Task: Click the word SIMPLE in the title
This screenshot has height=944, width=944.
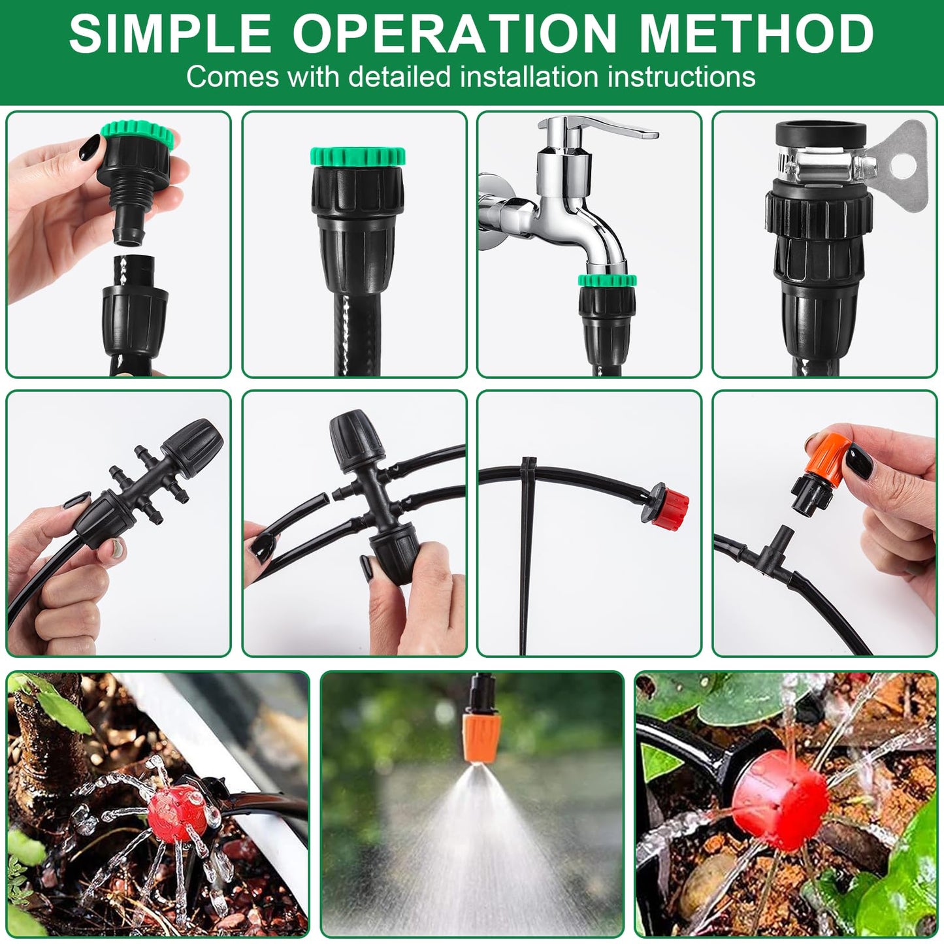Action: (170, 33)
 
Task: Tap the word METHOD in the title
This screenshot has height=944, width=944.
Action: (757, 33)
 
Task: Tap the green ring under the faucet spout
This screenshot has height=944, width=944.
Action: (607, 281)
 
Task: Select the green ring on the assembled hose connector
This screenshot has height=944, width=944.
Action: (357, 157)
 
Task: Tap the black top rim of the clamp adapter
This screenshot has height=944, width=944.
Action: (821, 131)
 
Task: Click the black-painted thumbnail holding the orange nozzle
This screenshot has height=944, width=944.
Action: (858, 463)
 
